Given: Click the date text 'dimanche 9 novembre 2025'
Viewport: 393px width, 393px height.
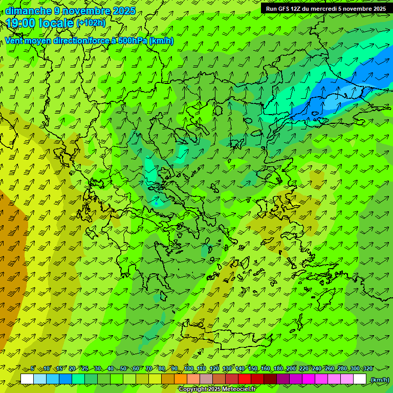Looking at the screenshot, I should pos(71,11).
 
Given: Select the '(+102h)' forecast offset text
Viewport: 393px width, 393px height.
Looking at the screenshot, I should pos(91,23).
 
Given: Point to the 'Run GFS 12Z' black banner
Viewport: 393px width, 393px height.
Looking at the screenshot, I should pos(325,8).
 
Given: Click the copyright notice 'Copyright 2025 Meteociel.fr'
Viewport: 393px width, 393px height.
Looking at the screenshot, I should pos(217,389).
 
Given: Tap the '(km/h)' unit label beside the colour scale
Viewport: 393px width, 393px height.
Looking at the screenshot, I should pos(379,380).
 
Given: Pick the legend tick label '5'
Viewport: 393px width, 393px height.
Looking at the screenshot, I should pos(33,369).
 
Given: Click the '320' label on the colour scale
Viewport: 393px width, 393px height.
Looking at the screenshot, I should pos(368,369).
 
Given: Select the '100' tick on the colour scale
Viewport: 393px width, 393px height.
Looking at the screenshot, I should pos(189,369).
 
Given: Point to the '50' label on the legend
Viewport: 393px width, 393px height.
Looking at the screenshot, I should pos(123,369).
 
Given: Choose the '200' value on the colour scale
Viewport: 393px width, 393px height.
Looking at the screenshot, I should pos(291,369).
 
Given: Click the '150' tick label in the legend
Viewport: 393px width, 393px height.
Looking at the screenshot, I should pos(253,369).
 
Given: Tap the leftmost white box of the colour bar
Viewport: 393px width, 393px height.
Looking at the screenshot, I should pos(27,379).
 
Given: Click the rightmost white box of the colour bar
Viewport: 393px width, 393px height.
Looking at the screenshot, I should pos(360,379).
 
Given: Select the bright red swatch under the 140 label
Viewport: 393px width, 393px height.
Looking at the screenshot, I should pos(245,379).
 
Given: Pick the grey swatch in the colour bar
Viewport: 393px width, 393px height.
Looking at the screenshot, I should pos(206,379).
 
